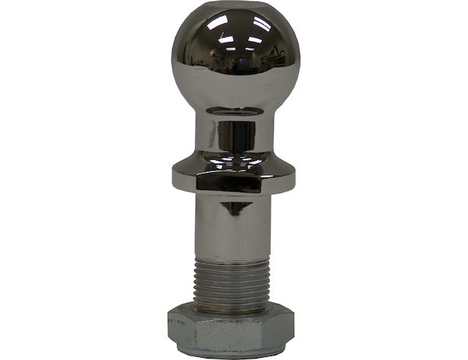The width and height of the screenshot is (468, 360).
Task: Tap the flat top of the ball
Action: click(x=234, y=14)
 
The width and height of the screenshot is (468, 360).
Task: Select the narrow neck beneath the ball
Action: click(x=234, y=132)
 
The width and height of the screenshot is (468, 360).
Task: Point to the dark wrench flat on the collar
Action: click(x=221, y=182)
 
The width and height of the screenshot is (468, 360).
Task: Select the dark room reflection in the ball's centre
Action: click(x=234, y=66)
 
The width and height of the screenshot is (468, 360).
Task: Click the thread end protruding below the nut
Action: click(x=234, y=355)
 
